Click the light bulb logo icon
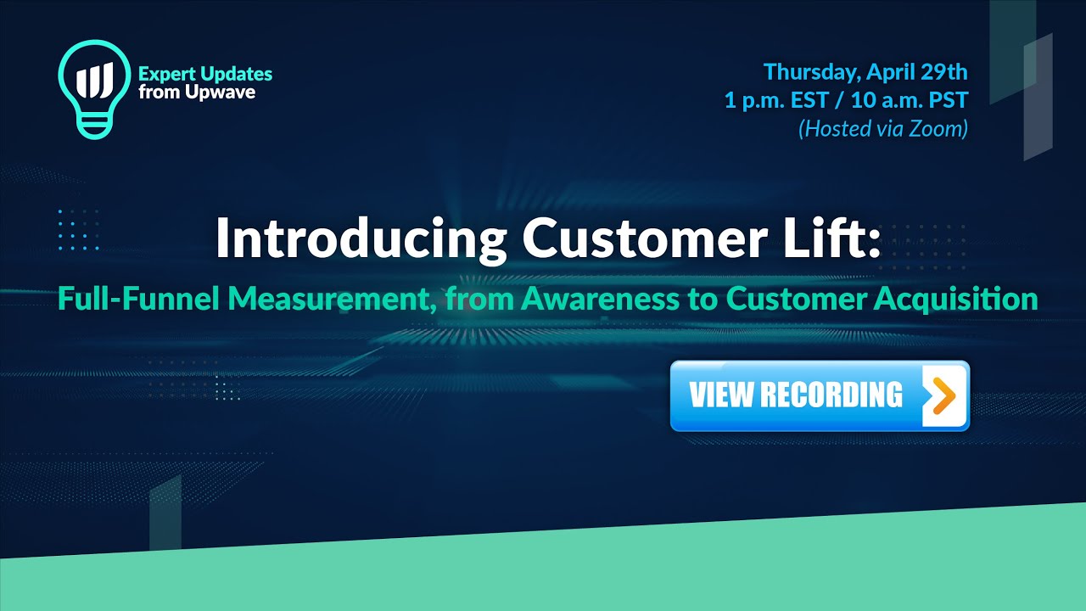[94, 89]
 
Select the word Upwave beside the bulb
[226, 93]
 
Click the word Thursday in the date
[812, 73]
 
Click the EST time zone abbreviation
[809, 100]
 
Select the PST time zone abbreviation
[949, 100]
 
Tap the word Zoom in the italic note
[936, 128]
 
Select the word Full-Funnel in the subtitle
[138, 298]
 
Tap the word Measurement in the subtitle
[332, 299]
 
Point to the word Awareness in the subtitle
[600, 299]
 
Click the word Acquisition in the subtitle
[955, 299]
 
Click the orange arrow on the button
[941, 395]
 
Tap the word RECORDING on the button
[831, 395]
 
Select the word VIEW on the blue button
[721, 395]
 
